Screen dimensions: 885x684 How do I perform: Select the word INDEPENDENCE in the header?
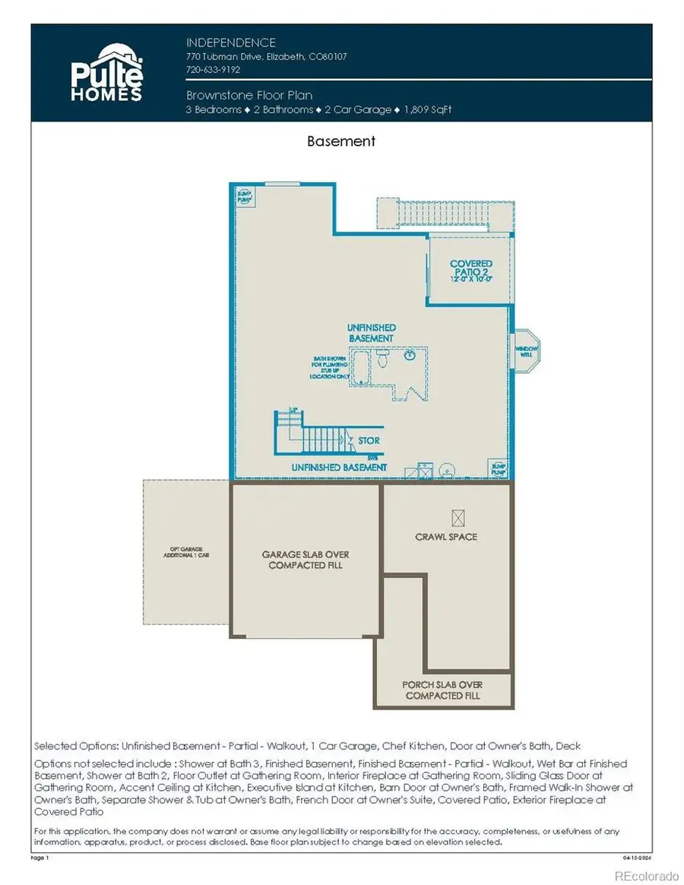(231, 43)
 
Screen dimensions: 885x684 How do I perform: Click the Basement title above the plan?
(341, 141)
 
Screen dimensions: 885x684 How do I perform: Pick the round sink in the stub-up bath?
(410, 355)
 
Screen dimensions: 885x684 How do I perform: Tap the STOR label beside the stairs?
(369, 441)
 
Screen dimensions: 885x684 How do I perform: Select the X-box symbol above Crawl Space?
(458, 517)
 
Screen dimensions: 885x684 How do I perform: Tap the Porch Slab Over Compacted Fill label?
(443, 690)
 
